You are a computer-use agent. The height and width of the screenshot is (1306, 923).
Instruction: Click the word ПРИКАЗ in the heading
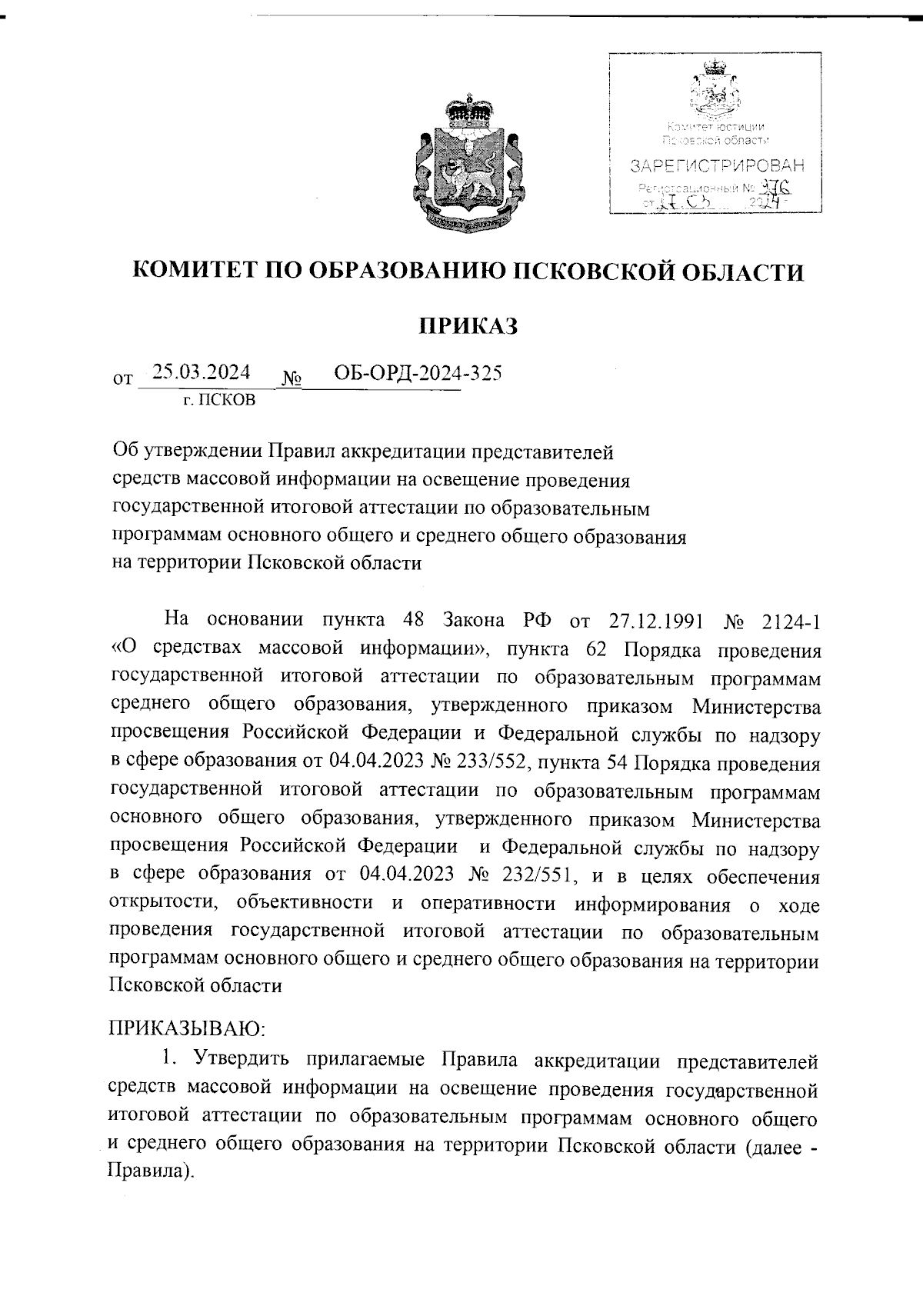click(468, 327)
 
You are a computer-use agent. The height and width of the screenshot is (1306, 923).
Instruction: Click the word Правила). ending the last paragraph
click(147, 1173)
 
